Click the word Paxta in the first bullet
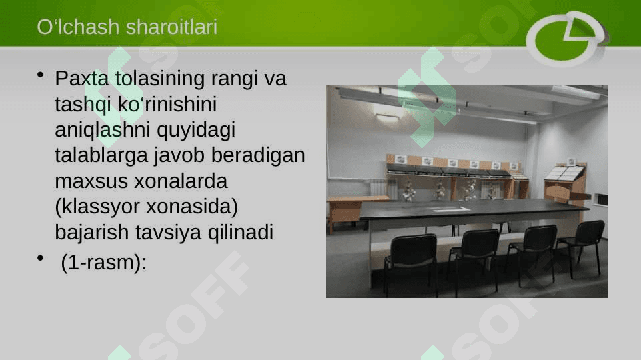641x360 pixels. point(82,79)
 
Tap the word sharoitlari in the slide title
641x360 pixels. point(171,27)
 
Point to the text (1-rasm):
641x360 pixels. point(103,263)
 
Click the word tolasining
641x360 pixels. point(159,79)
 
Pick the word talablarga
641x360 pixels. point(101,155)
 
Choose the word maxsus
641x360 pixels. point(91,181)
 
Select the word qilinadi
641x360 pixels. point(241,233)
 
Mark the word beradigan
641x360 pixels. point(258,155)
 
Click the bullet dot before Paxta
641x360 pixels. point(40,75)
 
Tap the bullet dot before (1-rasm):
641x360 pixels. point(40,258)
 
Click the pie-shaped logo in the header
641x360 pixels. point(566,39)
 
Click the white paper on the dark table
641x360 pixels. point(451,209)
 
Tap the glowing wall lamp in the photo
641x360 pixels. point(386,118)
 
